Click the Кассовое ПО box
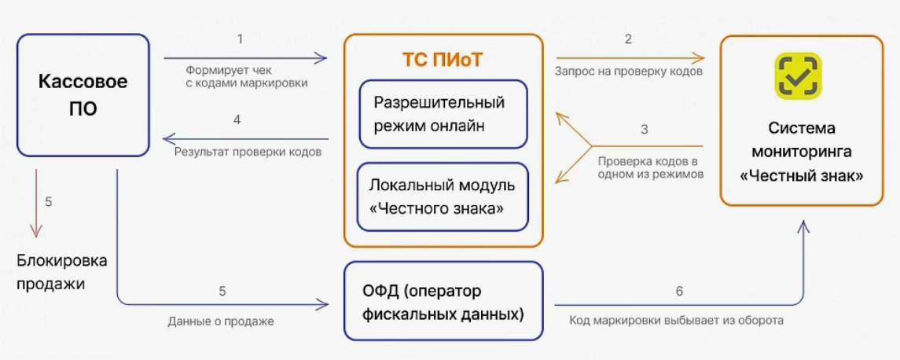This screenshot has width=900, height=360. point(83,95)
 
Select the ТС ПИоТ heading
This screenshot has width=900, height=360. point(443,61)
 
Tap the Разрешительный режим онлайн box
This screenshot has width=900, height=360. point(443,114)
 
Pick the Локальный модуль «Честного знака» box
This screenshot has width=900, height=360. point(443,197)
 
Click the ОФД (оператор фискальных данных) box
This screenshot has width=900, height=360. point(443,300)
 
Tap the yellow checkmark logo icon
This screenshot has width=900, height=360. point(797,74)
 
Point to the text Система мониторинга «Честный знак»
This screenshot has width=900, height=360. point(801,152)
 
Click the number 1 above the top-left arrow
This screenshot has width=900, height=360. point(240,39)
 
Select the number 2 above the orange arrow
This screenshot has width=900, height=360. point(628,39)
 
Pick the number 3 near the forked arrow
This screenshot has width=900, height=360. point(644,130)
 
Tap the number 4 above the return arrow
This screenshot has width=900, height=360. point(237,120)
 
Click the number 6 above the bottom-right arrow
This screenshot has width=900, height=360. point(679,291)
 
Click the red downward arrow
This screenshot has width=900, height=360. point(36,204)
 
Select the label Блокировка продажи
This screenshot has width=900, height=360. point(62,272)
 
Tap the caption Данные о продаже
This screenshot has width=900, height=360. point(221,321)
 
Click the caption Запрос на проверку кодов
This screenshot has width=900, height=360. point(630,72)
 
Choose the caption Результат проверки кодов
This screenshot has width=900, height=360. point(248,153)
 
